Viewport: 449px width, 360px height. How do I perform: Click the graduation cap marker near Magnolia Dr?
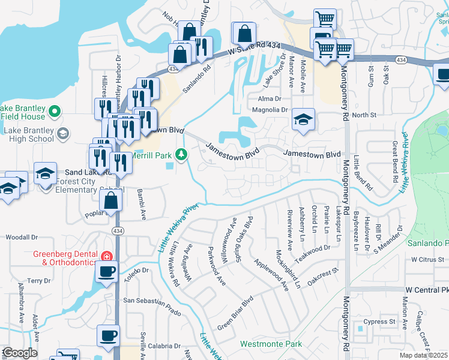click(x=304, y=120)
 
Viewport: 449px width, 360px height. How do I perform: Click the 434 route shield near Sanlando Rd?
click(x=173, y=70)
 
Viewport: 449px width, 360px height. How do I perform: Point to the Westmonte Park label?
click(x=271, y=344)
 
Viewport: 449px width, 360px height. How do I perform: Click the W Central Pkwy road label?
click(x=427, y=290)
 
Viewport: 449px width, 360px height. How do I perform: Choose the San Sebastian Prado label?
click(x=152, y=301)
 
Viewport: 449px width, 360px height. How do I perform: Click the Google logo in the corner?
click(x=19, y=353)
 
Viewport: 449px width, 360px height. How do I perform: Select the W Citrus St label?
click(x=427, y=260)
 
